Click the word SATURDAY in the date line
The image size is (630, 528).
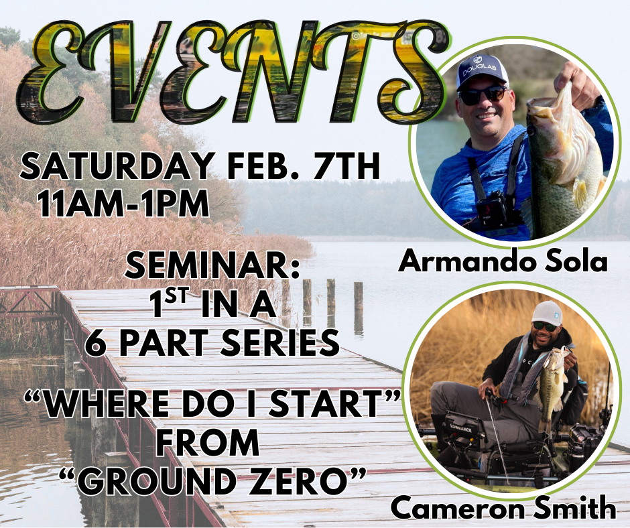(117, 166)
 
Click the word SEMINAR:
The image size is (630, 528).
(212, 265)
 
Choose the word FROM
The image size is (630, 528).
(208, 442)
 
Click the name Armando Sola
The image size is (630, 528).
(503, 261)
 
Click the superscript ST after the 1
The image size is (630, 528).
(176, 296)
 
